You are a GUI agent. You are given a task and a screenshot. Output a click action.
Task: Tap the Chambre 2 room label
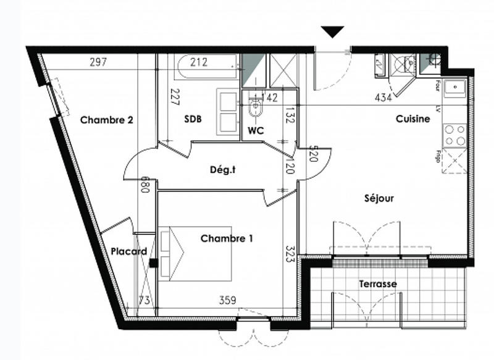(x=107, y=120)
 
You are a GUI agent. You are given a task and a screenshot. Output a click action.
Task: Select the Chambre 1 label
(x=227, y=238)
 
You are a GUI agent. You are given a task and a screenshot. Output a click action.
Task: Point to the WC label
(x=256, y=131)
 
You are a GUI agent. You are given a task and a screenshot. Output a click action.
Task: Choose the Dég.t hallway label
(x=223, y=170)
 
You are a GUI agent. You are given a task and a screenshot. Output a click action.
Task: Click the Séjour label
(x=379, y=198)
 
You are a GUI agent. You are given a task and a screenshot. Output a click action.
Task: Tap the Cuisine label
(x=413, y=119)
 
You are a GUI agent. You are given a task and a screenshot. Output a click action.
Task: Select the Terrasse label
(x=378, y=284)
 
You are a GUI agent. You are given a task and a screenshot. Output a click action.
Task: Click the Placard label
(x=129, y=251)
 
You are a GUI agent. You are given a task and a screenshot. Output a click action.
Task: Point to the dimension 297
(x=99, y=62)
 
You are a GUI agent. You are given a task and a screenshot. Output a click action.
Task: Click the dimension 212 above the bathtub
(x=199, y=62)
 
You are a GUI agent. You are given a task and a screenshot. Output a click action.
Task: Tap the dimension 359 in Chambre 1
(x=228, y=301)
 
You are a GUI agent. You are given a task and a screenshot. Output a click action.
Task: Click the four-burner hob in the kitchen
(x=455, y=135)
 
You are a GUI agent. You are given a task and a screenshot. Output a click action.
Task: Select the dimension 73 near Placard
(x=144, y=301)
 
